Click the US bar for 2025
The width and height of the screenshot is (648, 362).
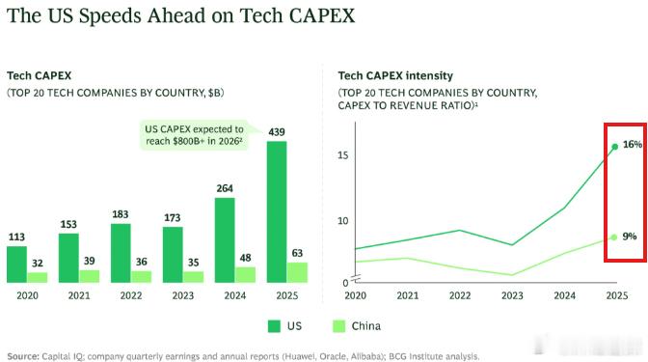point(277,211)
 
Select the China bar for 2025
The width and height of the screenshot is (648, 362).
point(297,272)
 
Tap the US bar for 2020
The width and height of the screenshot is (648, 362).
point(17,265)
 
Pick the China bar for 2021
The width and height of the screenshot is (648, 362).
point(90,276)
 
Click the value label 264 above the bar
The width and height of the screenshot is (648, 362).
point(225,188)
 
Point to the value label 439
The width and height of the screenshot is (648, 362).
point(277,132)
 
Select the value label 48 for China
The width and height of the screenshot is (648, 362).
point(246,258)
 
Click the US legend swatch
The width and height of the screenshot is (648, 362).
point(274,326)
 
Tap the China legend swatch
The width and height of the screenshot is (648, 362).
point(338,326)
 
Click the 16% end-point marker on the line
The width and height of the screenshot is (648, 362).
point(615,147)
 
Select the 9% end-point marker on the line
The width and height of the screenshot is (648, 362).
point(614,237)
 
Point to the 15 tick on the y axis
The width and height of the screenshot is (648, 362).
point(343,155)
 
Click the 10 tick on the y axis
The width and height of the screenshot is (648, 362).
point(343,221)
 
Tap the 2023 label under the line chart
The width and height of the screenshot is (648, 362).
point(512,295)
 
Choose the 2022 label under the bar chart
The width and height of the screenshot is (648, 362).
point(131,295)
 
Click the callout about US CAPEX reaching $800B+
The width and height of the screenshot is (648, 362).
point(194,135)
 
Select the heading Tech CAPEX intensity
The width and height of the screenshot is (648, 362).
point(395,75)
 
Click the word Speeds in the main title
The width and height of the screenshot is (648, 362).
point(110,16)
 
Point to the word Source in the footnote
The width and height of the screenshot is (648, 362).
point(23,356)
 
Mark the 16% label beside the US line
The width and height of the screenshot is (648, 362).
point(633,145)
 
